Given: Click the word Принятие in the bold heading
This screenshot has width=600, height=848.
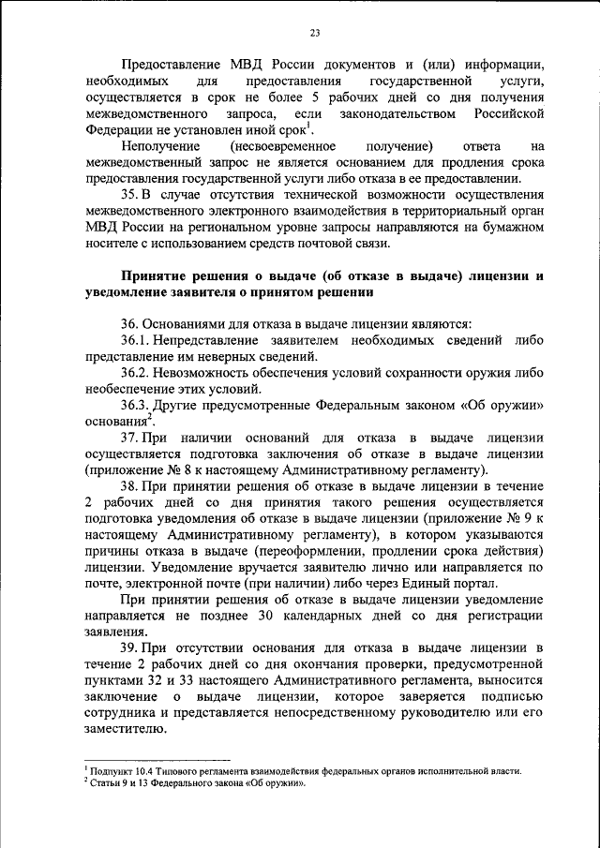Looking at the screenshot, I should [158, 276].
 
